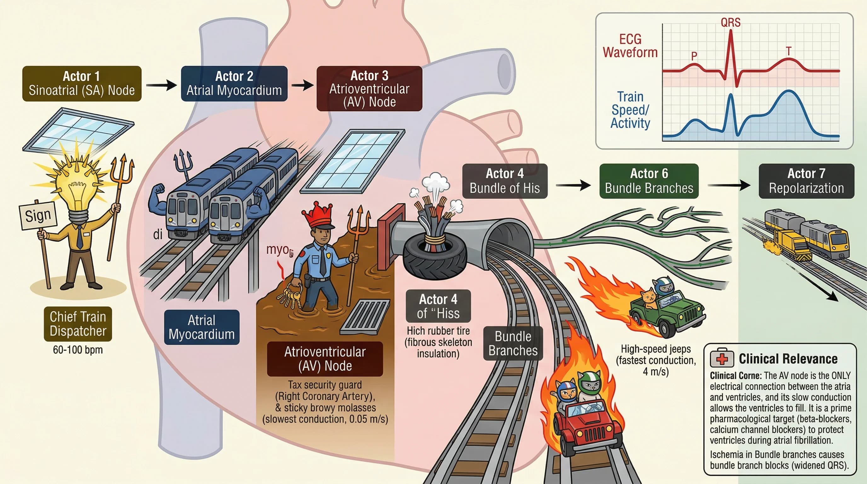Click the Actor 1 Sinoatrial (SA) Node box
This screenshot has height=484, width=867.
82,84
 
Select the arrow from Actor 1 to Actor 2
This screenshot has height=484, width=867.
161,85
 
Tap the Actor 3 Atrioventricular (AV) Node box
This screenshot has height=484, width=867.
369,89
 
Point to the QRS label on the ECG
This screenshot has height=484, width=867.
730,23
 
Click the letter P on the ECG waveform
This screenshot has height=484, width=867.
694,56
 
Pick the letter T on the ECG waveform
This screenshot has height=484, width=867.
788,51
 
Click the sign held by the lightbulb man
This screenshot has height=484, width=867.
37,216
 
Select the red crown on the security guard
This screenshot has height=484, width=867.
317,216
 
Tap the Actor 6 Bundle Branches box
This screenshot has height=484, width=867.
649,181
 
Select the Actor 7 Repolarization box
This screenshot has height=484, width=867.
806,181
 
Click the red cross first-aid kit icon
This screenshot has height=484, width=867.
721,359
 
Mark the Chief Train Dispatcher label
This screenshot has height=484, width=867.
78,324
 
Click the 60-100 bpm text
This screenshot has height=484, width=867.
78,350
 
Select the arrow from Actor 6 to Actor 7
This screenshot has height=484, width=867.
729,185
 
